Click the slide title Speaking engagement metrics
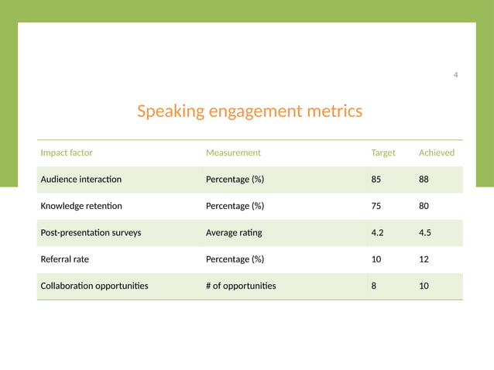(249, 111)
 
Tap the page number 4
(455, 74)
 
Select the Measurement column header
(233, 152)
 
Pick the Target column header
(383, 152)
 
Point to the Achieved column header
(437, 152)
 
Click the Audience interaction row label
(81, 180)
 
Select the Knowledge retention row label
(81, 206)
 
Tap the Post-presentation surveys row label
(91, 232)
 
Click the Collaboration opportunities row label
(94, 286)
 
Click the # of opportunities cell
(241, 286)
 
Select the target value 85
(376, 180)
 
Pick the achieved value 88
(424, 180)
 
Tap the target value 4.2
(378, 232)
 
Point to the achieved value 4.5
(425, 232)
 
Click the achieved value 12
(424, 259)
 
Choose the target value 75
(376, 206)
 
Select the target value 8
(374, 286)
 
